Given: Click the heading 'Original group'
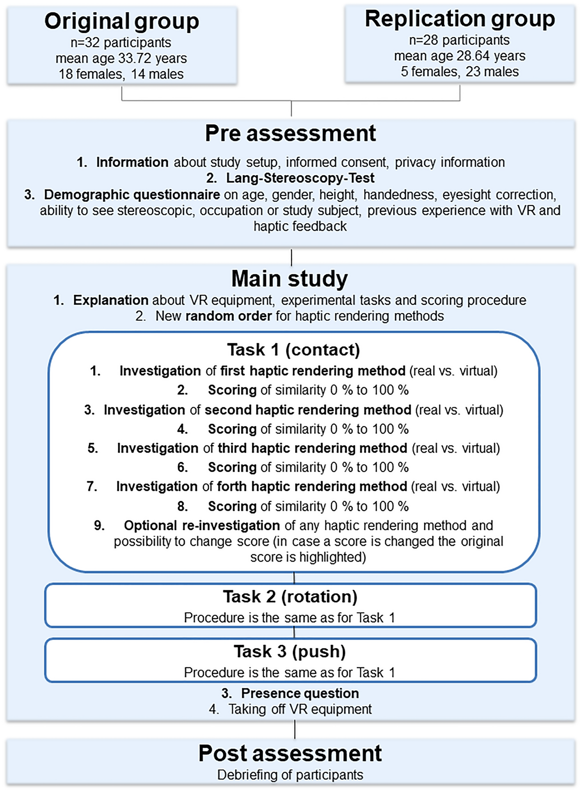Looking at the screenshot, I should pyautogui.click(x=121, y=21).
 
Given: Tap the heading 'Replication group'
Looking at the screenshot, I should pyautogui.click(x=460, y=19).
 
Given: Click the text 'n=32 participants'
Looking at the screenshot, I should pyautogui.click(x=121, y=43).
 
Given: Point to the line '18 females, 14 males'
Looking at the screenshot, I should pyautogui.click(x=121, y=74).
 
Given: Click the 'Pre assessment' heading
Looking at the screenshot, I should pyautogui.click(x=290, y=133).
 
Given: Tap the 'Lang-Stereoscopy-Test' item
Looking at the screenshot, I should pyautogui.click(x=300, y=178).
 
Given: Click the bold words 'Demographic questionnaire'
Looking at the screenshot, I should pyautogui.click(x=132, y=194).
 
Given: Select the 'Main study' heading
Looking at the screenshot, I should pyautogui.click(x=289, y=279).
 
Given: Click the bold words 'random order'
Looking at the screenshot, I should pyautogui.click(x=229, y=316).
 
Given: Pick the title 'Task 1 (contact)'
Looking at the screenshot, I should pyautogui.click(x=293, y=350).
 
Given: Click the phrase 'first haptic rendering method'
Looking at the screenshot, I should pyautogui.click(x=313, y=371).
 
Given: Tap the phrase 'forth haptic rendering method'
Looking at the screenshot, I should pyautogui.click(x=312, y=487).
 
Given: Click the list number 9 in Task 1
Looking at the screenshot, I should pyautogui.click(x=99, y=526).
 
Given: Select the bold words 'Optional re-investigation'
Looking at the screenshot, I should pyautogui.click(x=202, y=526).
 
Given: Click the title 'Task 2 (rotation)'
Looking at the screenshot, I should pyautogui.click(x=290, y=597).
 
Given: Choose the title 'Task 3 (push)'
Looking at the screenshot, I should pyautogui.click(x=290, y=651).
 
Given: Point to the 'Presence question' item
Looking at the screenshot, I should pyautogui.click(x=300, y=693).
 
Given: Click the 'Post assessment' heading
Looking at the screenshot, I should pyautogui.click(x=290, y=753).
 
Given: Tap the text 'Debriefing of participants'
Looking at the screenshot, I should pyautogui.click(x=290, y=775).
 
